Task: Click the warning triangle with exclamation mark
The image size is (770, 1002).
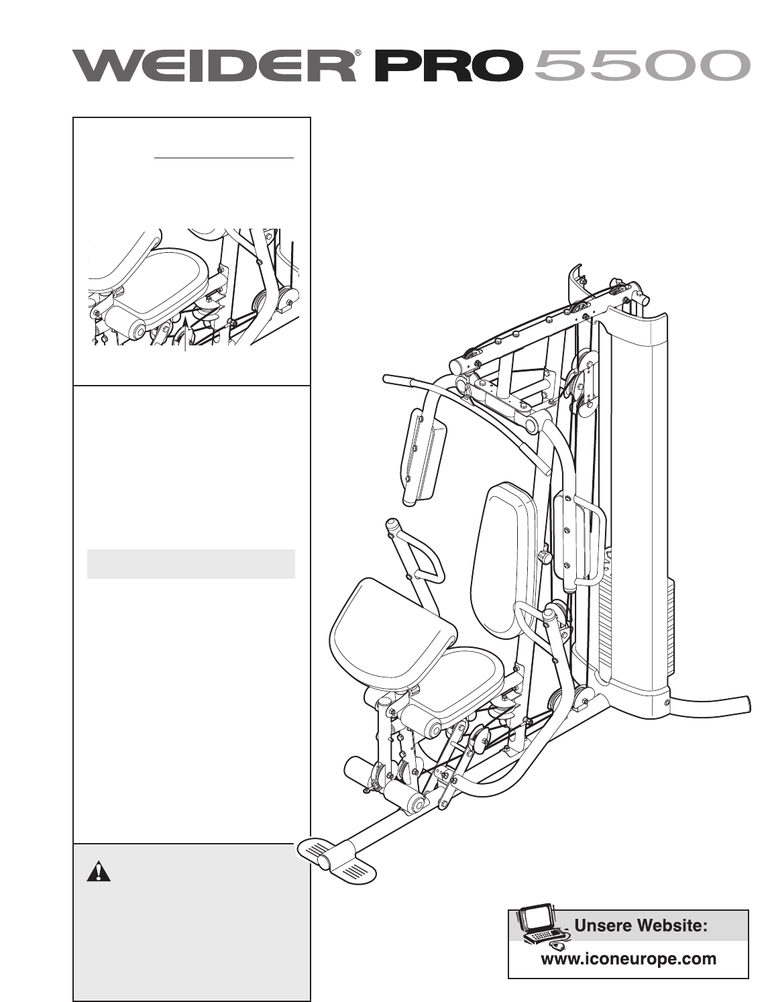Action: (x=98, y=871)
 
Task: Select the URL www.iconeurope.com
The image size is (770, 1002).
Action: (x=628, y=958)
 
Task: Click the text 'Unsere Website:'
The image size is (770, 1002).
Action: (x=642, y=926)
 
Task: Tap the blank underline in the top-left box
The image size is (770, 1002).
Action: (x=224, y=158)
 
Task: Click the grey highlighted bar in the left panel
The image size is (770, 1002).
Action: (x=191, y=563)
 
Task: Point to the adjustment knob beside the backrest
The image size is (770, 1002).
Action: (x=545, y=557)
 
